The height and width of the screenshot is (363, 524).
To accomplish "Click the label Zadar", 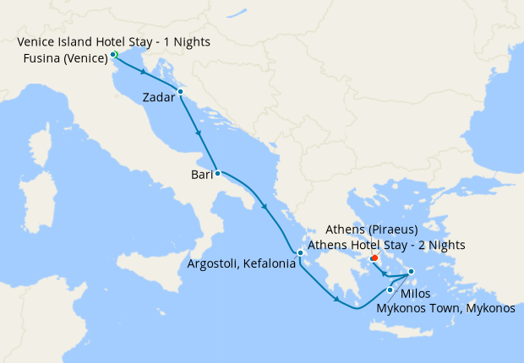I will pyautogui.click(x=160, y=97).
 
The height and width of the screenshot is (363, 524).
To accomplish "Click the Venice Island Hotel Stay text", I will pyautogui.click(x=114, y=41).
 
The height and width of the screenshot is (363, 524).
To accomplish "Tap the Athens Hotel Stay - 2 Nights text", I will pyautogui.click(x=386, y=245).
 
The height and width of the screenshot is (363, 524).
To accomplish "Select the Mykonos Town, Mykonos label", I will pyautogui.click(x=445, y=309).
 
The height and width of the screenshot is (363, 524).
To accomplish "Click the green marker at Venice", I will pyautogui.click(x=113, y=55).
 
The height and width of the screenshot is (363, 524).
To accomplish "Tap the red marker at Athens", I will pyautogui.click(x=374, y=257).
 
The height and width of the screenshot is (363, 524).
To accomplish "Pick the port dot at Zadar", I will pyautogui.click(x=180, y=91).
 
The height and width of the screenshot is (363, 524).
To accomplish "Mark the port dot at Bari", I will pyautogui.click(x=218, y=173).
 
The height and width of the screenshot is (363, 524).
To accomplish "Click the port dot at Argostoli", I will pyautogui.click(x=300, y=253).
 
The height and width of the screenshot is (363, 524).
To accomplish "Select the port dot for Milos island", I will pyautogui.click(x=390, y=290).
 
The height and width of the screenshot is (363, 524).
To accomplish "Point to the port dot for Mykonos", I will pyautogui.click(x=411, y=272).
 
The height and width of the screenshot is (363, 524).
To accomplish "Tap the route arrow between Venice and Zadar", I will pyautogui.click(x=145, y=73).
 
